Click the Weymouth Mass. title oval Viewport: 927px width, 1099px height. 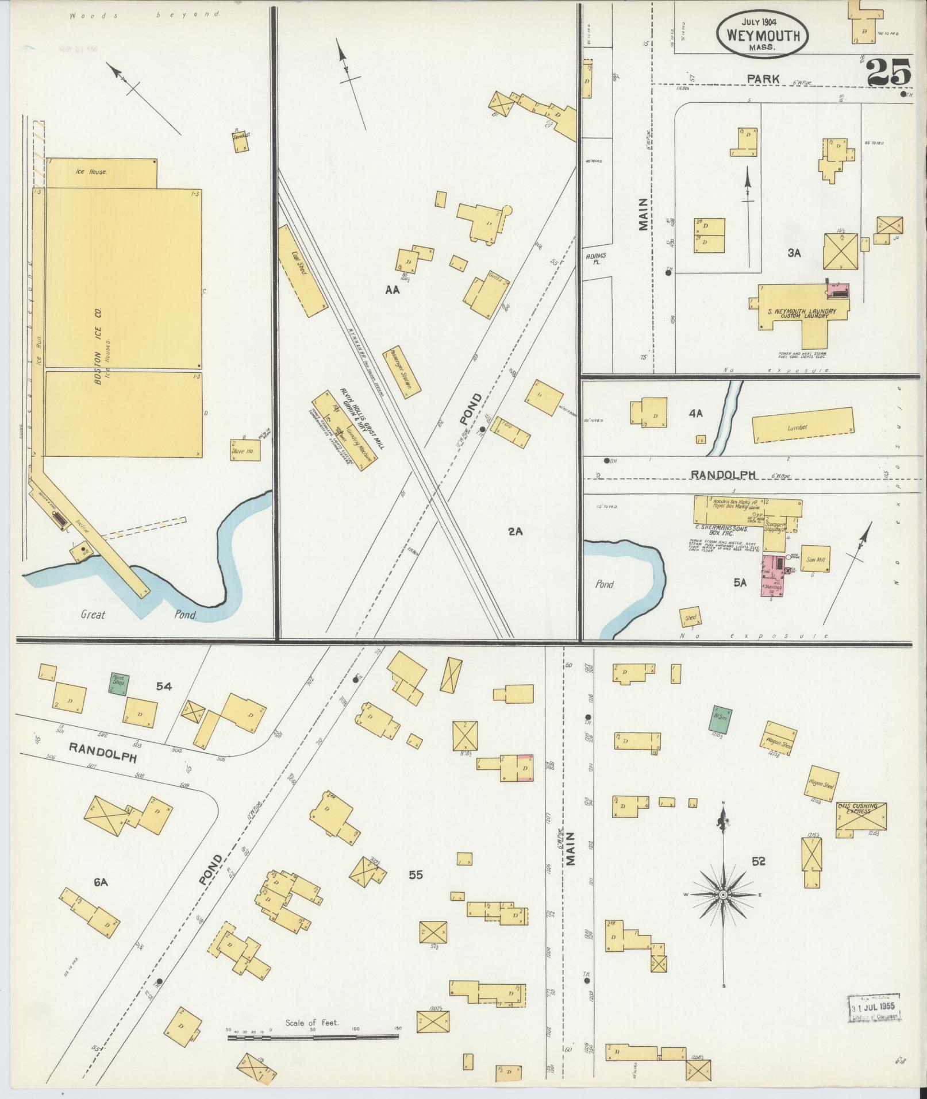pyautogui.click(x=762, y=34)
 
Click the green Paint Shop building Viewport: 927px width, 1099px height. pyautogui.click(x=120, y=682)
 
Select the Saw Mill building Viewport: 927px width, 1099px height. pyautogui.click(x=816, y=560)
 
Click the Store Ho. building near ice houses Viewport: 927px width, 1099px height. pyautogui.click(x=245, y=450)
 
